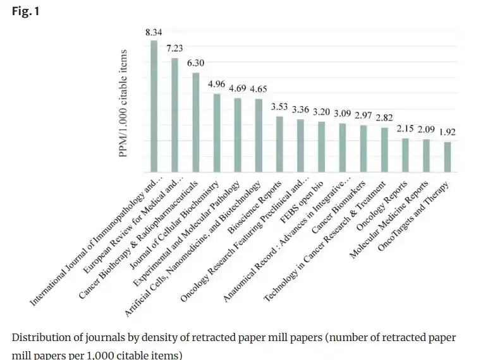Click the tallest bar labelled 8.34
pos(154,107)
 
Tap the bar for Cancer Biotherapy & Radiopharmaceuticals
pos(196,123)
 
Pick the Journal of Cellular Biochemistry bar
pos(217,133)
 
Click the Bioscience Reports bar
pos(279,145)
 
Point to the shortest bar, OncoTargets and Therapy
pos(447,157)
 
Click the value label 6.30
pos(196,63)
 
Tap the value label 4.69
pos(238,88)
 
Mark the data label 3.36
pos(300,109)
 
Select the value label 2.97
pos(363,116)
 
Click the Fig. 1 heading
pos(25,11)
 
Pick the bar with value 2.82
pos(384,150)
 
